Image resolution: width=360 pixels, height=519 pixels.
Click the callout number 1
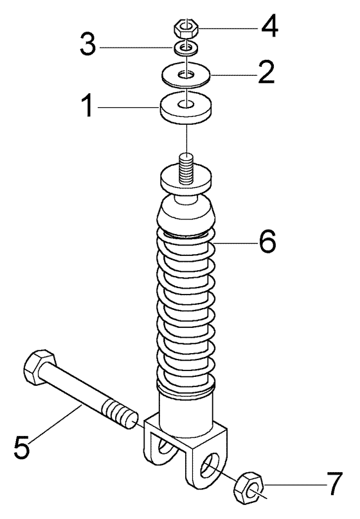[87, 105]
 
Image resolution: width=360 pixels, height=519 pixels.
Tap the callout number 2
[266, 71]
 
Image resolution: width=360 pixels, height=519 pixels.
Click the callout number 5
[22, 448]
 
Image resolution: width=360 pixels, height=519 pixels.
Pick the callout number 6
[267, 241]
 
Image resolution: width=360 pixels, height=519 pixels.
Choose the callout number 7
[334, 484]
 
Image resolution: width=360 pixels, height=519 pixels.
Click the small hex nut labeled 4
[186, 28]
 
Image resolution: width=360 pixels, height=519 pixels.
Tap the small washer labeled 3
[186, 48]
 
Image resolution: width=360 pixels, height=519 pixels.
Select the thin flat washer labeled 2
[186, 75]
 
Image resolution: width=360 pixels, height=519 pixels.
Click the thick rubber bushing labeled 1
[186, 108]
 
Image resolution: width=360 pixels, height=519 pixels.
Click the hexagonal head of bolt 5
[39, 367]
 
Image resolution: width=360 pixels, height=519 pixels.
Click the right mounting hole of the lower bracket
[210, 466]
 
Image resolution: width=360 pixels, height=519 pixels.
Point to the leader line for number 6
[235, 243]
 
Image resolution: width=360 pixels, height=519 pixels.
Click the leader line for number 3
[137, 48]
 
